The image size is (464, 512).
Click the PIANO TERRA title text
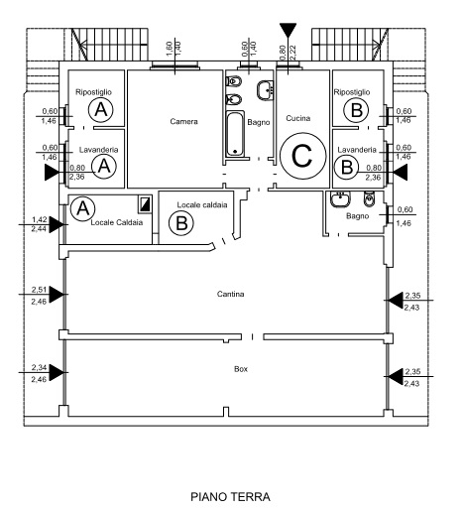point(230,496)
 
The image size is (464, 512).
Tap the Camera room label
point(183,121)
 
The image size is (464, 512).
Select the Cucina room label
point(298,118)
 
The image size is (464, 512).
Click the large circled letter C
point(303,156)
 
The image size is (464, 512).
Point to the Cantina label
point(230,294)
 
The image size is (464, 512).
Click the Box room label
point(241,369)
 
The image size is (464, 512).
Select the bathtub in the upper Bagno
point(235,134)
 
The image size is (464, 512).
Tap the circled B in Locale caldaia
point(181,222)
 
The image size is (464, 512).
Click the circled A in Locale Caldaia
point(82,208)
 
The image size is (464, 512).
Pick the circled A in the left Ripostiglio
point(101,109)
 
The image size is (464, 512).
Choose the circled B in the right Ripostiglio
point(356,110)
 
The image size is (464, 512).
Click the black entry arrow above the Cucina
point(288,30)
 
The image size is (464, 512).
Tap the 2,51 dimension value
point(39,290)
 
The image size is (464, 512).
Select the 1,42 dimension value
point(40,219)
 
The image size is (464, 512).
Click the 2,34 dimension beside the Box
point(39,367)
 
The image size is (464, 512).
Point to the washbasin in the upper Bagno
point(265,90)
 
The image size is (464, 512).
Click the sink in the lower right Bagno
point(340,199)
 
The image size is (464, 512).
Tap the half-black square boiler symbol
point(145,204)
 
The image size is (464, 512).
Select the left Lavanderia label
point(98,150)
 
